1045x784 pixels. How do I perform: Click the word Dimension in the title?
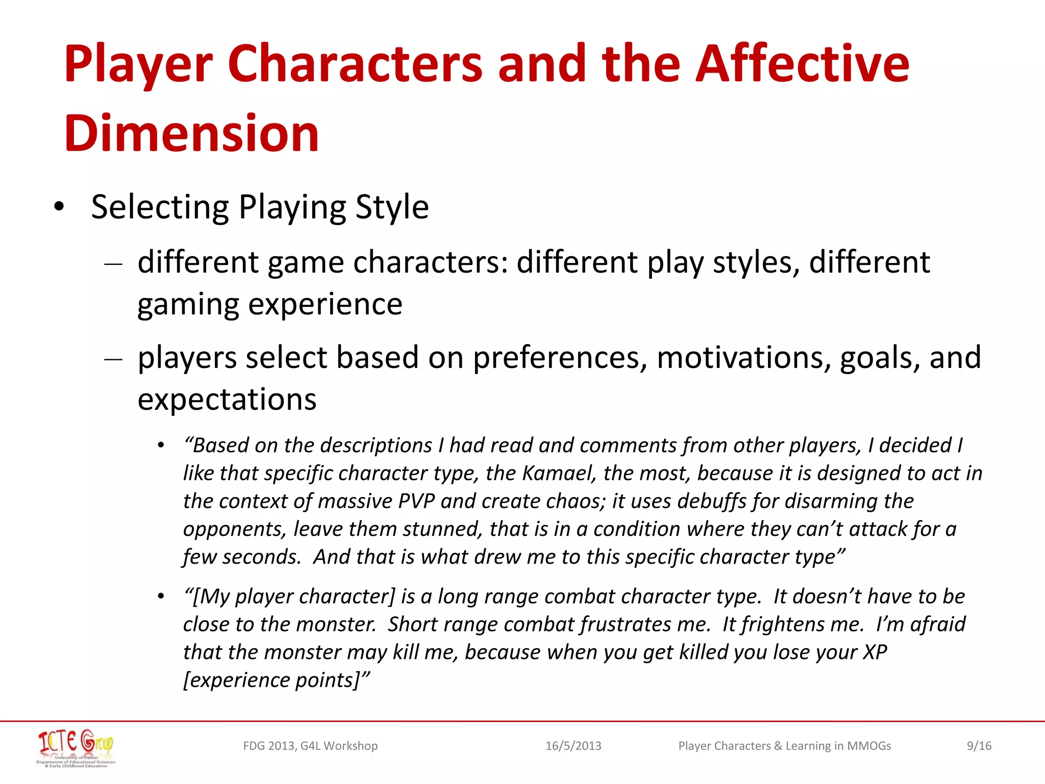[191, 134]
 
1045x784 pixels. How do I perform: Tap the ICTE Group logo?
[76, 748]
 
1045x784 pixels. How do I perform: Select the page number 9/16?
[979, 746]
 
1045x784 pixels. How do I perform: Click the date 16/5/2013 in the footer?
[573, 746]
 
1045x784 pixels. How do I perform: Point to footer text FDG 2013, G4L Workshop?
[310, 746]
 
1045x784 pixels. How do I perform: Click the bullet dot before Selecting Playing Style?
[59, 207]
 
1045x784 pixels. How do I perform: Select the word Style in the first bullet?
[392, 207]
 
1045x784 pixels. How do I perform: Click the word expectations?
[227, 400]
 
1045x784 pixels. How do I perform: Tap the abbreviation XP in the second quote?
[875, 652]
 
